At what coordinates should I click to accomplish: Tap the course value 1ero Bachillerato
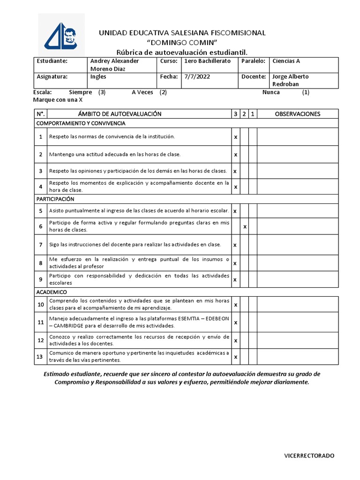208,61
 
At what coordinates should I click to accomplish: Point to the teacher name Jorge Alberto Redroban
291,80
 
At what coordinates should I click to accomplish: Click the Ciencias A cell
286,61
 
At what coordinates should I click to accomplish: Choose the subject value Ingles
98,77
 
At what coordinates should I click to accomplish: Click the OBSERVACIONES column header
297,114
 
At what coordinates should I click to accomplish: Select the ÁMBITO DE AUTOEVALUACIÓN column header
120,114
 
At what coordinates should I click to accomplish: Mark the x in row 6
245,227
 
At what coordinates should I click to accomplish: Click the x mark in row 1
235,137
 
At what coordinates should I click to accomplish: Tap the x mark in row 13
235,357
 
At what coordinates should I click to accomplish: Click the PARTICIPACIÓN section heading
55,199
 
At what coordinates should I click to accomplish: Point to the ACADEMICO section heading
52,292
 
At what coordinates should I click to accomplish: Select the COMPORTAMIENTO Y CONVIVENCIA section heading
81,123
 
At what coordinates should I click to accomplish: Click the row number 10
41,305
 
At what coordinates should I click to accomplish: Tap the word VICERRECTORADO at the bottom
309,456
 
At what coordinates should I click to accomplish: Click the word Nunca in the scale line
271,92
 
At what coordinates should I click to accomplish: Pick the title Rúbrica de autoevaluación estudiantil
181,51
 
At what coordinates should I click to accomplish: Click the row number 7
41,245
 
